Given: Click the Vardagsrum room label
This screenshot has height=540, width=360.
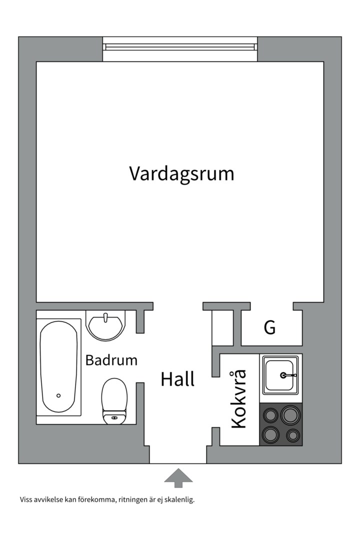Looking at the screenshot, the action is pyautogui.click(x=182, y=174).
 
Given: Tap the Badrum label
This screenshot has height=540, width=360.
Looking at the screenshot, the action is pyautogui.click(x=111, y=360).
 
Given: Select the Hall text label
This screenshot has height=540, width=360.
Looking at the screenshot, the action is pyautogui.click(x=178, y=379).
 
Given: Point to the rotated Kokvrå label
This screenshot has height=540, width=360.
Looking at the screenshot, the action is pyautogui.click(x=239, y=399).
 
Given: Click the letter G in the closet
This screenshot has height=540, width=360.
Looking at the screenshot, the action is pyautogui.click(x=269, y=327).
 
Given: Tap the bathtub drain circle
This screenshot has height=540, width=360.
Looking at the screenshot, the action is pyautogui.click(x=58, y=395).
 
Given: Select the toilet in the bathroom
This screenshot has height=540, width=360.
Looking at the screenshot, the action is pyautogui.click(x=114, y=401).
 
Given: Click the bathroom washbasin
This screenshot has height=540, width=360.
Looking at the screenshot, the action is pyautogui.click(x=106, y=325).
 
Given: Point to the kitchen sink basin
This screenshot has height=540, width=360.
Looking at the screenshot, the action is pyautogui.click(x=280, y=375).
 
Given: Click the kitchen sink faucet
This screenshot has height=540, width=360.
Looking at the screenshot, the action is pyautogui.click(x=288, y=375).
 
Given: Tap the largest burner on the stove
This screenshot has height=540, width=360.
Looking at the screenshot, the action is pyautogui.click(x=291, y=414).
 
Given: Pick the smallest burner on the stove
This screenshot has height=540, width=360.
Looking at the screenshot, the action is pyautogui.click(x=292, y=435).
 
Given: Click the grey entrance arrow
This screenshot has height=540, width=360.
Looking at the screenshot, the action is pyautogui.click(x=178, y=477).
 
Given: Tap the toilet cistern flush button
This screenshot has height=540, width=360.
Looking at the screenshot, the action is pyautogui.click(x=114, y=417).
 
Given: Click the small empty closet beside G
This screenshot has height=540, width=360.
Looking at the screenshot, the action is pyautogui.click(x=222, y=327).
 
